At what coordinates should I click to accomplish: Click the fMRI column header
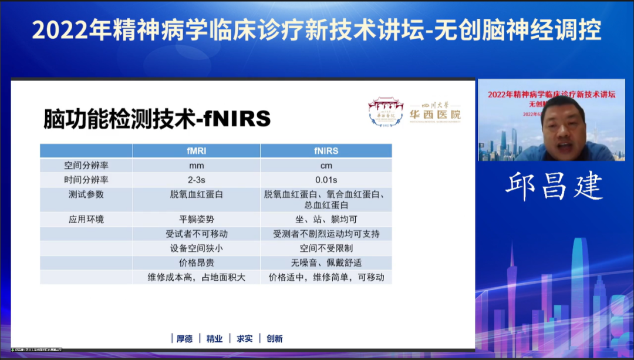tap(197, 151)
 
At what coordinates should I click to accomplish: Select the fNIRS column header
tap(326, 151)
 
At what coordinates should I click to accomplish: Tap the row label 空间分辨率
tap(86, 166)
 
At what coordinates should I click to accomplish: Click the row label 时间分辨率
tap(86, 180)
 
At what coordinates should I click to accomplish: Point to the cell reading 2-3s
tap(197, 180)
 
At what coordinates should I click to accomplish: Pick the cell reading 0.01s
tap(326, 180)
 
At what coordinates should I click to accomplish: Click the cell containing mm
tap(197, 166)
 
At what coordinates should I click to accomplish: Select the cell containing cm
tap(326, 166)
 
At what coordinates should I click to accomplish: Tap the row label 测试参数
tap(86, 194)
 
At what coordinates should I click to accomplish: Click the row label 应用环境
tap(86, 220)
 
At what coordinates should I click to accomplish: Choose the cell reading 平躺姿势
tap(197, 220)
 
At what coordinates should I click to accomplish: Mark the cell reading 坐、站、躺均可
tap(326, 220)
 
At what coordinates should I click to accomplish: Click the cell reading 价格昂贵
tap(197, 263)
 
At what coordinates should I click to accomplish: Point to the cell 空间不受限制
tap(326, 248)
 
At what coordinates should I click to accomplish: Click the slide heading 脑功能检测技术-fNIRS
tap(157, 119)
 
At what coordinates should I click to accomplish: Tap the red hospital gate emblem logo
tap(386, 112)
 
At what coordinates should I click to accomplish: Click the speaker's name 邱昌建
tap(554, 186)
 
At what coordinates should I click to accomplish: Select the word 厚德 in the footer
tap(184, 339)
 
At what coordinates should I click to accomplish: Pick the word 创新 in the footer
tap(274, 339)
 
